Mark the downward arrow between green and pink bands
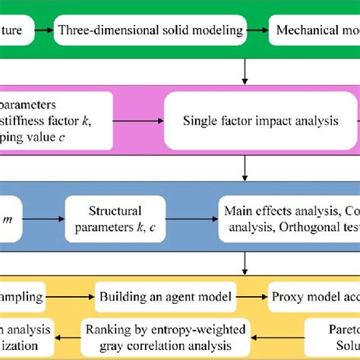tap(245, 70)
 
